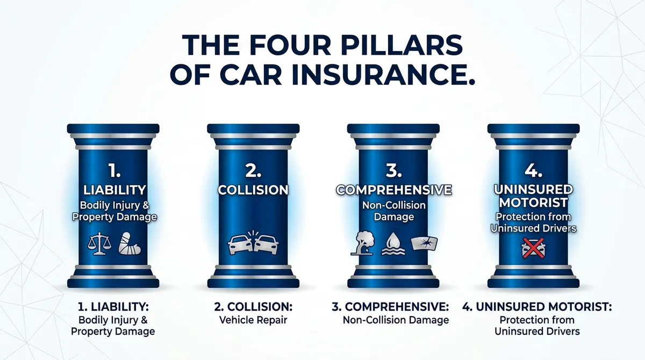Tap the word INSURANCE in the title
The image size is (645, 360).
coord(376,75)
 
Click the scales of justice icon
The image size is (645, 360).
coord(98,243)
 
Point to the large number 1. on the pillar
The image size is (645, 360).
coord(113,171)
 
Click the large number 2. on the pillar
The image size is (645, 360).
coord(254,171)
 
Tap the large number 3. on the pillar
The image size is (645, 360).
coord(394,171)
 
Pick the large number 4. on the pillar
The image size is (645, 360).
coord(534,171)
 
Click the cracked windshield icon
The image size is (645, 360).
coord(424,243)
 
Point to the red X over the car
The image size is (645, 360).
coord(533,248)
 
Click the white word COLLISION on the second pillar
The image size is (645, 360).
coord(253,190)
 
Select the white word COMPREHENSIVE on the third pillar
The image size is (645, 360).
coord(393,190)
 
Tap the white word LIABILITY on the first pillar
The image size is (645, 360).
coord(113,190)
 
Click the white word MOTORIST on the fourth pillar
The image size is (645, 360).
coord(533,204)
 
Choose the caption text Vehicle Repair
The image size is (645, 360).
coord(253,320)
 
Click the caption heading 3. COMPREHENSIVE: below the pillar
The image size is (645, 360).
coord(389,307)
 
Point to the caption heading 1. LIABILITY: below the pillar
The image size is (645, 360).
coord(113,307)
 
